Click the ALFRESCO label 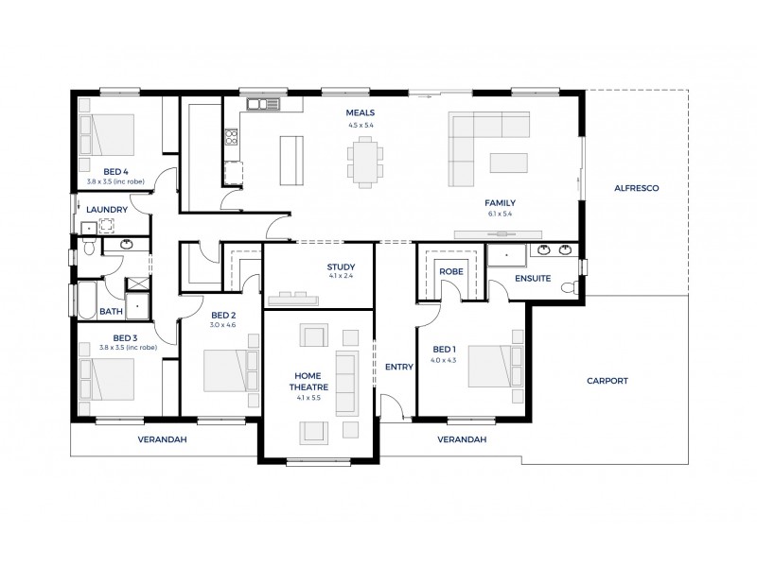[636, 188]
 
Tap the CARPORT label [607, 381]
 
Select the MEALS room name [361, 113]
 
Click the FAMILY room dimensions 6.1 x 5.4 [500, 214]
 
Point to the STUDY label [340, 267]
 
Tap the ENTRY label [398, 367]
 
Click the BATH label [111, 311]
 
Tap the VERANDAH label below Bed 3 [162, 439]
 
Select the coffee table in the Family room [511, 163]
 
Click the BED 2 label [222, 315]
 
